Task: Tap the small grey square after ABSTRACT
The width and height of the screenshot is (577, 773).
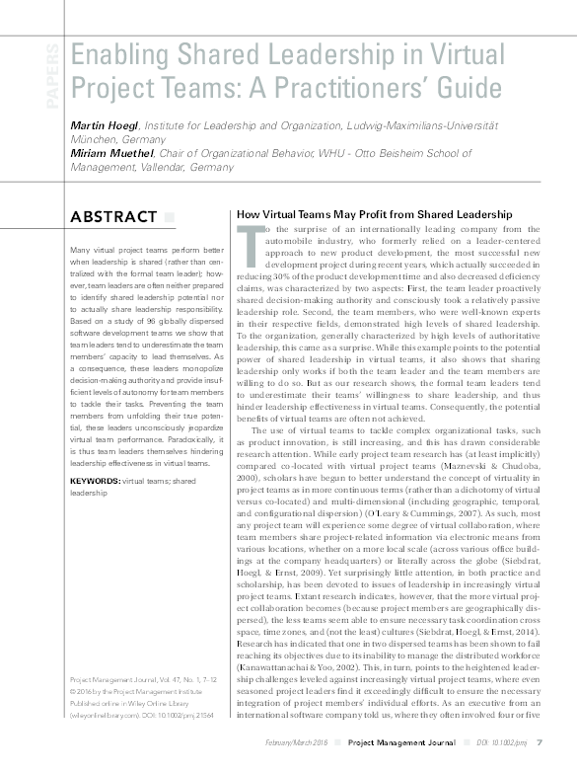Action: [169, 217]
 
